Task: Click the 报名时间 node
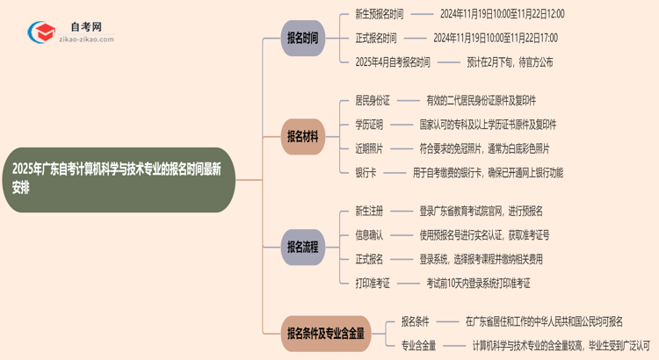[x=302, y=38]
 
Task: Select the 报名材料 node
[x=302, y=136]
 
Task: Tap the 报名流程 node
[x=302, y=247]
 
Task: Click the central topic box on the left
[x=118, y=179]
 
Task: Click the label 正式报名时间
[x=376, y=38]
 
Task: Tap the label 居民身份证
[x=373, y=101]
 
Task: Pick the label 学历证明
[x=369, y=125]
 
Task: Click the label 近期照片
[x=369, y=148]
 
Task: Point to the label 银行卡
[x=366, y=172]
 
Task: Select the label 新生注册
[x=369, y=212]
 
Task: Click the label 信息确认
[x=369, y=235]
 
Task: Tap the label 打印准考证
[x=373, y=283]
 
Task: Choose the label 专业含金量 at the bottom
[x=418, y=345]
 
